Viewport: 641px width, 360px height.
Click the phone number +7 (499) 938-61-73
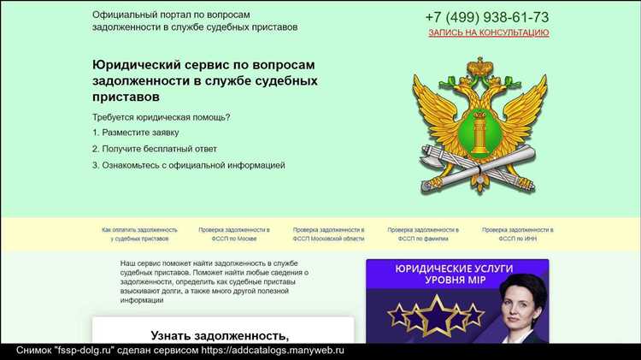coord(487,17)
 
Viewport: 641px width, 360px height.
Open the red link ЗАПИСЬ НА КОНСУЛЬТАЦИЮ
coord(488,32)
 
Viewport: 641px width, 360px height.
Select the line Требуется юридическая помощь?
coord(162,116)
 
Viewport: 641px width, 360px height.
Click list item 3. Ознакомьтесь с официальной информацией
coord(188,165)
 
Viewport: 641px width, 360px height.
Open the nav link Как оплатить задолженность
coord(139,234)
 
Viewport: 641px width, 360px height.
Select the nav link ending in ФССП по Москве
coord(234,234)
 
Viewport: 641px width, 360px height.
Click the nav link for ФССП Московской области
coord(328,234)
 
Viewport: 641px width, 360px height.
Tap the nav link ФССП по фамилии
coord(423,234)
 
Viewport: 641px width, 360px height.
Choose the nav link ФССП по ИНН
coord(517,234)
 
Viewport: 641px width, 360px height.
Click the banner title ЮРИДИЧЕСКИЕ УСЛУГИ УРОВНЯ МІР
coord(457,274)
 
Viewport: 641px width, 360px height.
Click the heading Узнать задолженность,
coord(221,335)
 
